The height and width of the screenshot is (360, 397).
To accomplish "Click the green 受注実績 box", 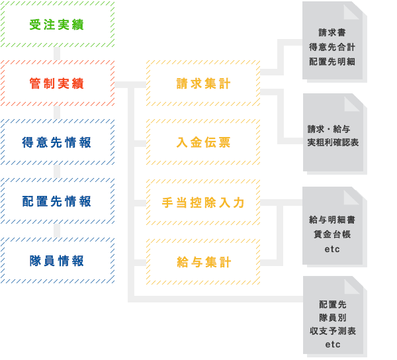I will coord(57,24).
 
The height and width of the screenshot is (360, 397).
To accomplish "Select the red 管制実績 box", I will coord(57,83).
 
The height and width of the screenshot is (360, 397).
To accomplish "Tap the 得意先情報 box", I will coord(57,142).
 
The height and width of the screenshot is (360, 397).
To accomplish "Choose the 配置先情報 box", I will coord(57,201).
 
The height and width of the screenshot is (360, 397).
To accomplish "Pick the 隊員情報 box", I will coord(57,261).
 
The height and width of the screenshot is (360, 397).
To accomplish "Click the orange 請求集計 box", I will coord(204,83).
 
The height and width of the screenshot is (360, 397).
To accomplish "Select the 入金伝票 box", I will coord(204,142).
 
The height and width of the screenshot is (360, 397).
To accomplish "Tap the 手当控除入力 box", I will coord(204,202).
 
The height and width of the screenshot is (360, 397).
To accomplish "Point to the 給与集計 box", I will coord(204,262).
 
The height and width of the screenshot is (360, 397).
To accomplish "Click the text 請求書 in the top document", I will coord(332,32).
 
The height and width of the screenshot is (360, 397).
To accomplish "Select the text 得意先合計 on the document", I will coord(332,46).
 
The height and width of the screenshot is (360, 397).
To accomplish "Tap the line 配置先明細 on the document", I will coord(332,61).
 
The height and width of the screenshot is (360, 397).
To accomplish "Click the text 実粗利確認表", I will coord(333,142).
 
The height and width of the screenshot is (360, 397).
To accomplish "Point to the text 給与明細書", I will coord(332,220).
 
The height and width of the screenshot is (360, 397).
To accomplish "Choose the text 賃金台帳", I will coord(332,234).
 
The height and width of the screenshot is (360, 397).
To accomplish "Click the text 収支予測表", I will coord(332,330).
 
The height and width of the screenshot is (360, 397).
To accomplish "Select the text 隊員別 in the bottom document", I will coord(332,317).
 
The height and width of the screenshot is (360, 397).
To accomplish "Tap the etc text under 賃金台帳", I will coord(332,249).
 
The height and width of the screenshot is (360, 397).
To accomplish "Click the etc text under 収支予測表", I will coord(332,345).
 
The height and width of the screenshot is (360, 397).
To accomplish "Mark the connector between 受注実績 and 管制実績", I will coord(58,54).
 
